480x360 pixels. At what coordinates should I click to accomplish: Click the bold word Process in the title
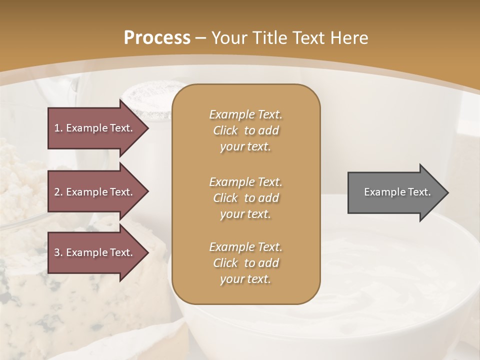pyautogui.click(x=157, y=37)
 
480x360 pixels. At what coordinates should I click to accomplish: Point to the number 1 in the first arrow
pyautogui.click(x=57, y=128)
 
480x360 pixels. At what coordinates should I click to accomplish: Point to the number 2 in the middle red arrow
pyautogui.click(x=57, y=192)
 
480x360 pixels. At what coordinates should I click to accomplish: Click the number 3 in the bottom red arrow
pyautogui.click(x=57, y=252)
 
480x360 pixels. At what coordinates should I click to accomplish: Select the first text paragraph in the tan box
pyautogui.click(x=245, y=130)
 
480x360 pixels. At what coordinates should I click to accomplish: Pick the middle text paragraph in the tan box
pyautogui.click(x=245, y=197)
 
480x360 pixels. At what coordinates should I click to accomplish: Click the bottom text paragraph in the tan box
pyautogui.click(x=245, y=263)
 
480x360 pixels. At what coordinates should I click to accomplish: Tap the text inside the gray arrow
pyautogui.click(x=397, y=192)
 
